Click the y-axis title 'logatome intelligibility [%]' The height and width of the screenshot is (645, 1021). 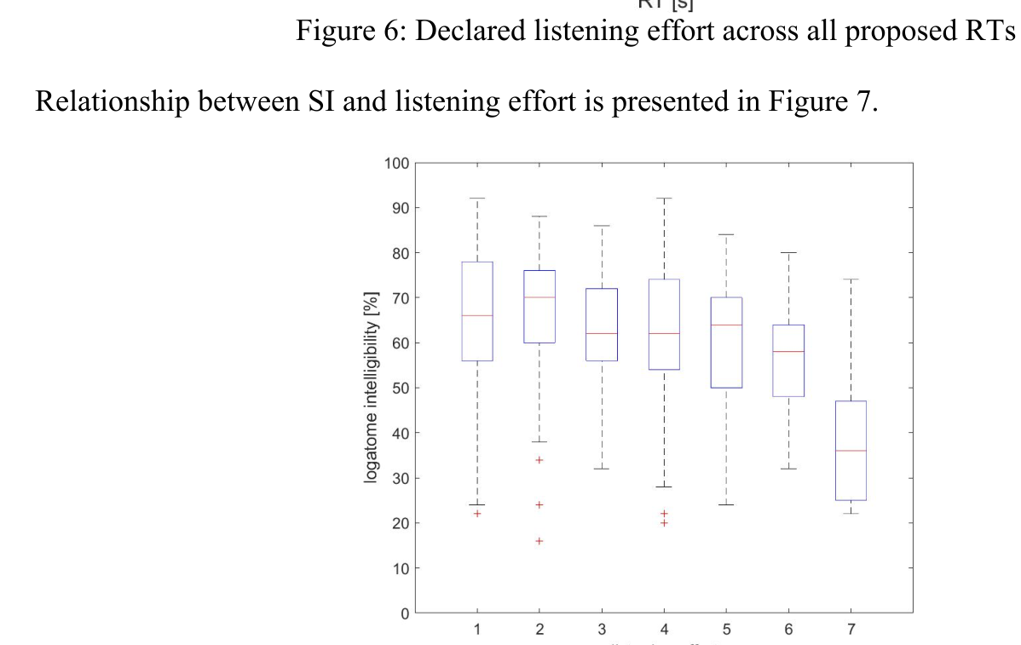[371, 388]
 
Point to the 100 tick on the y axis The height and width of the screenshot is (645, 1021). [397, 163]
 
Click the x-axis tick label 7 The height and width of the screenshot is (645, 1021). [851, 630]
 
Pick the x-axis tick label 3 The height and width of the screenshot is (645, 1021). [602, 630]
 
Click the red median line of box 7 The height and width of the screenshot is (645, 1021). [851, 451]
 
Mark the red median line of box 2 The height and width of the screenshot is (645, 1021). [539, 297]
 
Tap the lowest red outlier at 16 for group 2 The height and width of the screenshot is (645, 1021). [539, 541]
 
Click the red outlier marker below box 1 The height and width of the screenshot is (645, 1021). [477, 514]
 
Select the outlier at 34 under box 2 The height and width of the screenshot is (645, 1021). [539, 460]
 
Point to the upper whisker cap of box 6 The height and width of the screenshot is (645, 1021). [788, 253]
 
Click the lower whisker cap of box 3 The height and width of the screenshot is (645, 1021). [602, 469]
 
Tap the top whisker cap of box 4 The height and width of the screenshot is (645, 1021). [664, 199]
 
